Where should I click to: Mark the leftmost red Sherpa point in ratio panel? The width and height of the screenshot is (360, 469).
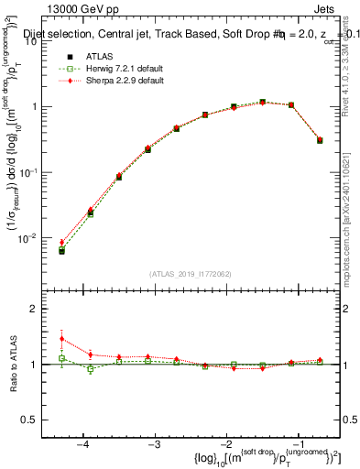pos(61,339)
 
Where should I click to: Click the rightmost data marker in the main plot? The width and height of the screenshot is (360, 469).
pos(320,140)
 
